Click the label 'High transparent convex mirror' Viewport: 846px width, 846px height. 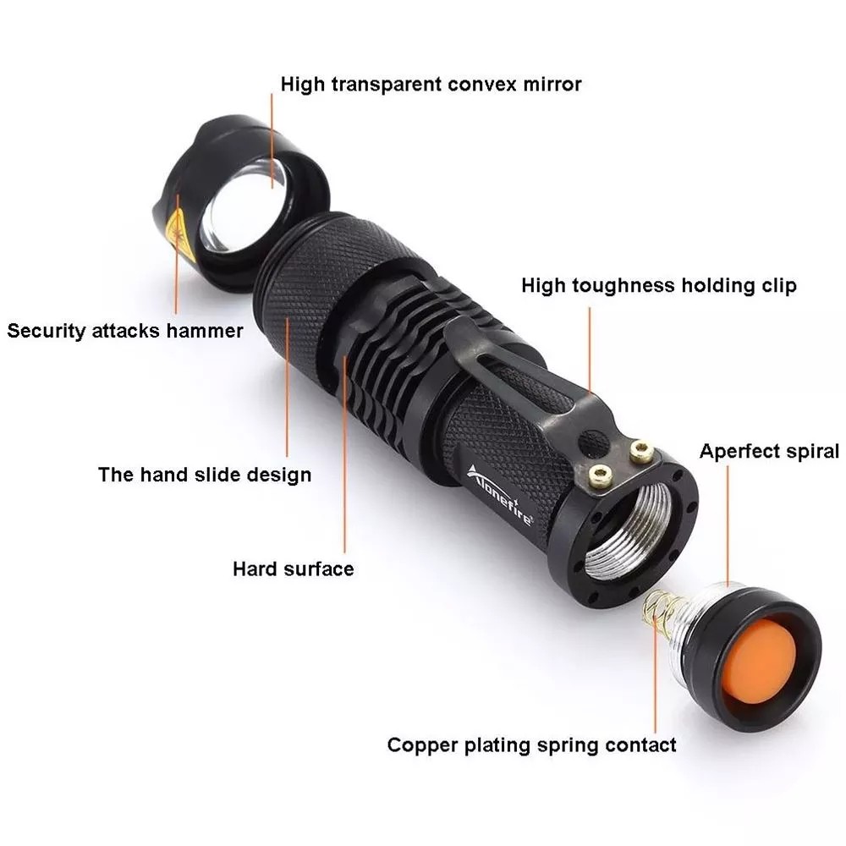click(x=431, y=84)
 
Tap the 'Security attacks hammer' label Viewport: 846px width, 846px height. click(x=125, y=330)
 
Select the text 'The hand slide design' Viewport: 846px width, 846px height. click(x=205, y=475)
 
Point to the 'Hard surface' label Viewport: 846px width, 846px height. click(x=294, y=569)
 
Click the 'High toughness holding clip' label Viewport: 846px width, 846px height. click(x=659, y=285)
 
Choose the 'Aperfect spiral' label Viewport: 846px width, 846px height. click(x=769, y=451)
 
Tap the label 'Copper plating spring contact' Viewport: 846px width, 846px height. click(x=531, y=745)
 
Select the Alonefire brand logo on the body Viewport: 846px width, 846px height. click(x=500, y=494)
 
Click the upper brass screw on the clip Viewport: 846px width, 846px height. click(x=641, y=451)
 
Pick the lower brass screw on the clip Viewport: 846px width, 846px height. click(x=600, y=475)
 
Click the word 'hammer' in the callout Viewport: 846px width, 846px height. click(x=205, y=330)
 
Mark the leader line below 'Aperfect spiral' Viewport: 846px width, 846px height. click(x=728, y=526)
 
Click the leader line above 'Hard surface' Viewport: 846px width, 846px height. click(x=344, y=453)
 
